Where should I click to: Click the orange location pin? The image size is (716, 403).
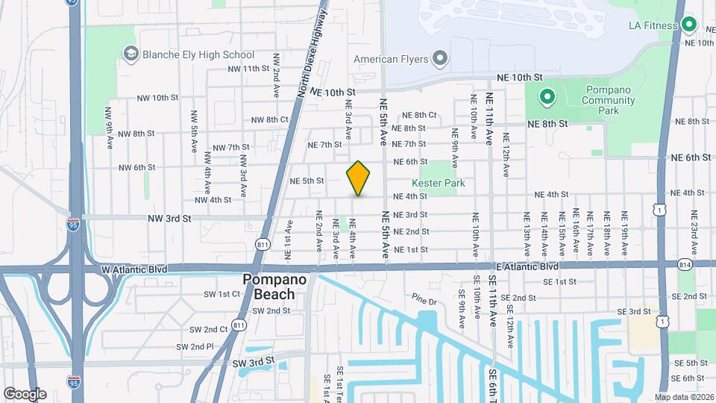point(359,178)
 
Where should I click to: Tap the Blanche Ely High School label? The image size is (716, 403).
point(199,54)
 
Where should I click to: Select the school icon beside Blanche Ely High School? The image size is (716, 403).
point(131,54)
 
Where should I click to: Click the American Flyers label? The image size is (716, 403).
point(390,58)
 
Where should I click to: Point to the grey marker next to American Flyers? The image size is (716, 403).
point(440,58)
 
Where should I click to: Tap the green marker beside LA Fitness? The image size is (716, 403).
point(689,25)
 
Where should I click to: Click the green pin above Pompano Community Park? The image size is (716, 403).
point(547,96)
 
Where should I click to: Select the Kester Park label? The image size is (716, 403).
point(439,183)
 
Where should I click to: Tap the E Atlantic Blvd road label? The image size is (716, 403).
point(527,266)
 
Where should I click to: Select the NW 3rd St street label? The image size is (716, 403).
point(170,219)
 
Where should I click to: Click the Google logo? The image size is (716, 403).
point(25,393)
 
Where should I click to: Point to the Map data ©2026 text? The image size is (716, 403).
point(683,397)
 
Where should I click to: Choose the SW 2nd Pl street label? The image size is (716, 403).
point(195,346)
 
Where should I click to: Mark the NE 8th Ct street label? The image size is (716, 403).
point(419,115)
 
